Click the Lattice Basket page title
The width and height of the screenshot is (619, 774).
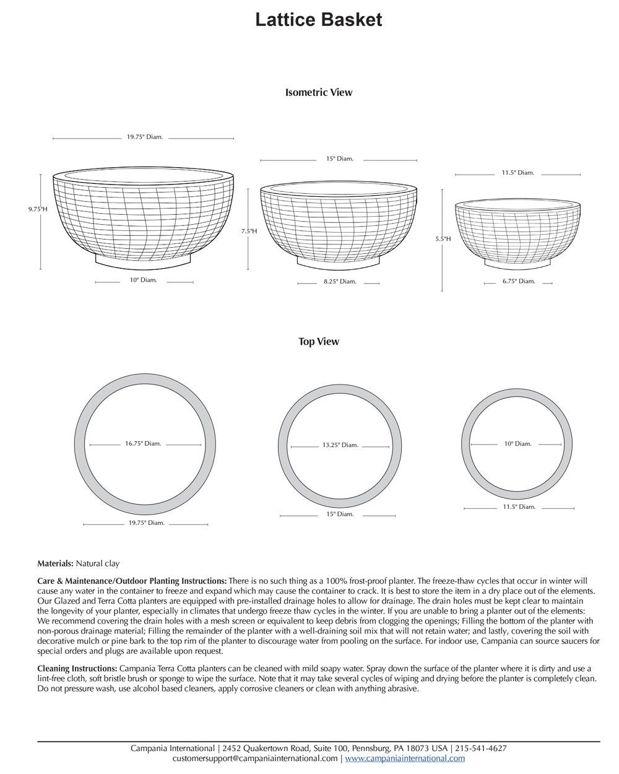pos(318,20)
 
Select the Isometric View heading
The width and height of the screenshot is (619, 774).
pos(318,92)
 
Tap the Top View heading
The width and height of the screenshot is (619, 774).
pos(318,341)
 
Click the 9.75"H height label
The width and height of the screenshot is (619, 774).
pos(37,209)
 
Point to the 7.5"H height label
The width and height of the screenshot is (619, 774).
pos(249,231)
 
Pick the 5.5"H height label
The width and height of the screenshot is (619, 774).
pos(443,238)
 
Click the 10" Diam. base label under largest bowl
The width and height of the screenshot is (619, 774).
pos(143,280)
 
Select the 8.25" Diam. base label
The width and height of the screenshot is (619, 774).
pos(340,282)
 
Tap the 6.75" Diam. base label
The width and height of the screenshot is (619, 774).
pos(518,281)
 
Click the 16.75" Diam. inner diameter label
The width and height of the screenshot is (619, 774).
pos(143,443)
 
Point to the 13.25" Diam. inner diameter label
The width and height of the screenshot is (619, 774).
pos(340,445)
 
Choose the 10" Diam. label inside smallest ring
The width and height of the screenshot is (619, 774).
pos(517,443)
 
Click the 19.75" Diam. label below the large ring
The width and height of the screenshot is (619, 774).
pos(146,523)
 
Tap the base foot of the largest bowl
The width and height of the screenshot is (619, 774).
pos(143,262)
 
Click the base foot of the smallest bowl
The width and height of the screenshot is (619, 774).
pos(517,263)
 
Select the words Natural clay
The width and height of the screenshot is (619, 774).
pos(97,563)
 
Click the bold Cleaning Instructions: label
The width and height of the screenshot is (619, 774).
pos(77,669)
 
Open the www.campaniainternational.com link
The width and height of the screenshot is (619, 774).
pos(405,759)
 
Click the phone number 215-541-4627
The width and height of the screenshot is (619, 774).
pos(480,748)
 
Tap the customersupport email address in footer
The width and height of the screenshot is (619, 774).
pos(255,759)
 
